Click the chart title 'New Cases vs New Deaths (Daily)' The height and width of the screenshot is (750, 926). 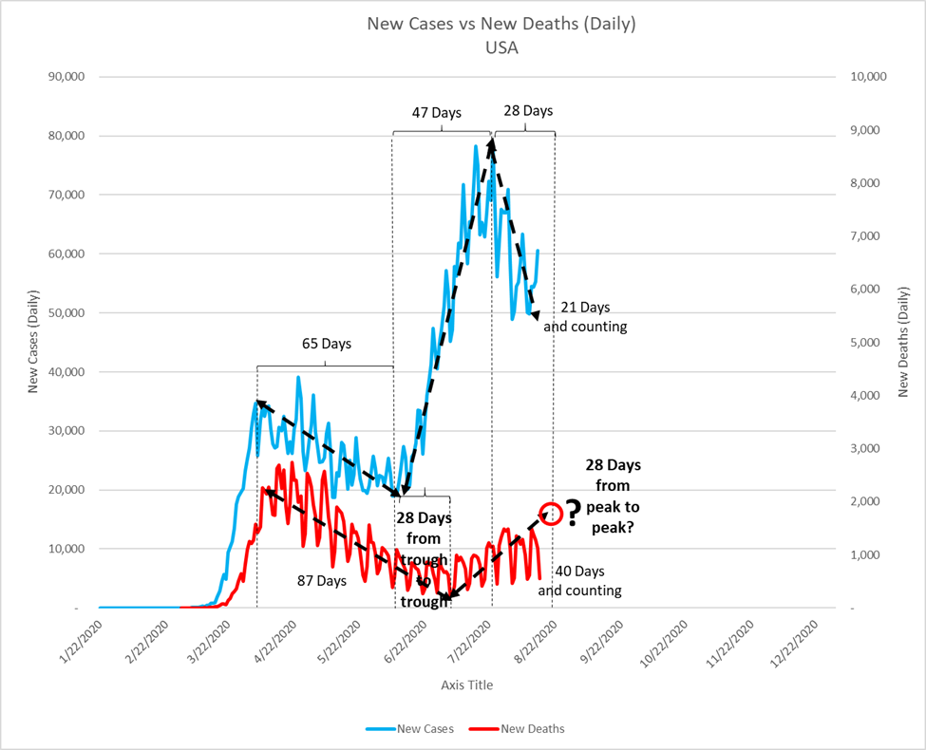point(501,24)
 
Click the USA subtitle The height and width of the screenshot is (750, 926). point(501,47)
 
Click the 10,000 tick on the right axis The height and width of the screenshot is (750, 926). point(864,77)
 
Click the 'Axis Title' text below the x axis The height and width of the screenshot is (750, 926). point(466,684)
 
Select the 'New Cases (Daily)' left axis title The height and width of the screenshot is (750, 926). point(33,342)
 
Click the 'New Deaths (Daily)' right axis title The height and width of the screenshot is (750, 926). point(904,342)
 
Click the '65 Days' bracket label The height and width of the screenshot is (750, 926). point(326,344)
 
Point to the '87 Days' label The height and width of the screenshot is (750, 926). point(323,579)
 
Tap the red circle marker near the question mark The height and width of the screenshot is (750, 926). point(552,514)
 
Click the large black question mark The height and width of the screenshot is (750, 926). point(573,514)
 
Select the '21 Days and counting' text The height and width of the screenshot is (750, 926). point(586,317)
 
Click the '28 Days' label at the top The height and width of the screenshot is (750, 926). point(527,111)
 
